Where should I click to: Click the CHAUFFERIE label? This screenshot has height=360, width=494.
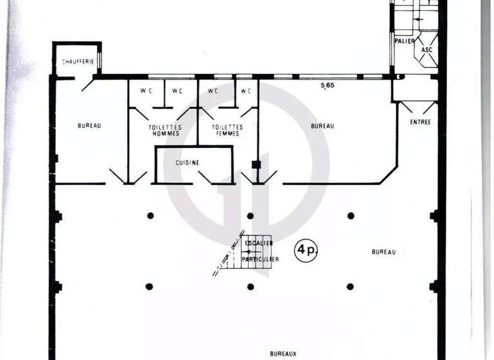click(78, 62)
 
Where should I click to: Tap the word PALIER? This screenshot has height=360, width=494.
click(404, 41)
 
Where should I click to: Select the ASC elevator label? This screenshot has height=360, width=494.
click(426, 50)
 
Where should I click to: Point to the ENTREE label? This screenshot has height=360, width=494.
click(420, 122)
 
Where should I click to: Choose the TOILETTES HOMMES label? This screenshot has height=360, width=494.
click(165, 130)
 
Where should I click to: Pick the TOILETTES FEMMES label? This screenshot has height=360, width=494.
click(226, 130)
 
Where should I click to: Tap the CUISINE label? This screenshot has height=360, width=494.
click(188, 163)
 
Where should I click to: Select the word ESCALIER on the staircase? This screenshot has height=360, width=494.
click(259, 243)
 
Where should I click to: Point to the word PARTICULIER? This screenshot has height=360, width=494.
click(261, 258)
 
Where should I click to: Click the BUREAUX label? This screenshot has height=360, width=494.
click(284, 354)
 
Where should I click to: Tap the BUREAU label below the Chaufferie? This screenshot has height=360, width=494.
click(89, 126)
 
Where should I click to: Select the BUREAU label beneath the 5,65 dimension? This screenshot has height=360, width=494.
click(323, 126)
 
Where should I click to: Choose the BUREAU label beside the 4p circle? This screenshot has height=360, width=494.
click(383, 252)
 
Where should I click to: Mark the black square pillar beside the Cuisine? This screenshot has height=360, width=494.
click(256, 165)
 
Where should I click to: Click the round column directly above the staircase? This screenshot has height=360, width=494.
click(250, 216)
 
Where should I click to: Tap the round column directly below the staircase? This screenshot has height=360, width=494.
click(250, 287)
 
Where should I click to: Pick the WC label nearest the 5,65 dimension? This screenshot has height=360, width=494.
click(245, 91)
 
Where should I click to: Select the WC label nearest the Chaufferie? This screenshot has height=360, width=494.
click(146, 91)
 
